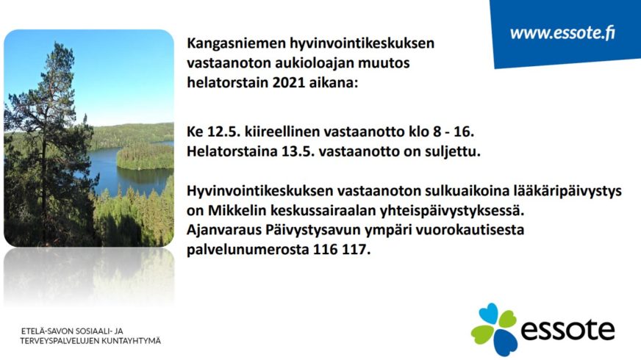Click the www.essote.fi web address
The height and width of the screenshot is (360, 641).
click(562, 33)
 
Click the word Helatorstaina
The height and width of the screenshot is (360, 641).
click(232, 151)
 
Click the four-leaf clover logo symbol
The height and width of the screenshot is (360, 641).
click(493, 329)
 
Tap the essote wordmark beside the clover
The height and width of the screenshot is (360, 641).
click(567, 330)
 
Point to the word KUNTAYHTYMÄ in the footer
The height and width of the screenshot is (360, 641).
click(132, 341)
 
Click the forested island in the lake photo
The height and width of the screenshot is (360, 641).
click(145, 156)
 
